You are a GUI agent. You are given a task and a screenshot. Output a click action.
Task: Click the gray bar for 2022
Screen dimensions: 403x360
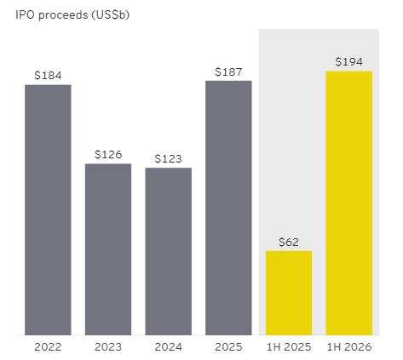click(x=48, y=210)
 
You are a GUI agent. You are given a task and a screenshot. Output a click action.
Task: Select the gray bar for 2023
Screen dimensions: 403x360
click(x=108, y=249)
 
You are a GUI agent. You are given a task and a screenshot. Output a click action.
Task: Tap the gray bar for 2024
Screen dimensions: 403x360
click(x=169, y=251)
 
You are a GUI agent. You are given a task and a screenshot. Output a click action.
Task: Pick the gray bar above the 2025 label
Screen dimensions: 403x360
click(x=228, y=208)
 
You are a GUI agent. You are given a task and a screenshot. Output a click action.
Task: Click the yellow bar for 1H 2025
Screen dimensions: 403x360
click(x=289, y=293)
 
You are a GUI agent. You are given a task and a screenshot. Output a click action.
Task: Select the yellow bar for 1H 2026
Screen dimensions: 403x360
click(x=349, y=203)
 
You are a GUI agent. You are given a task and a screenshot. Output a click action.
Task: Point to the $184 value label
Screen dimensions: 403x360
click(x=48, y=76)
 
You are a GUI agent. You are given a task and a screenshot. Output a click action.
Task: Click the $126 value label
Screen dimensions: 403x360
click(x=108, y=155)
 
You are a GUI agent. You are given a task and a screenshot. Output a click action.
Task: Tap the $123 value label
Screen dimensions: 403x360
click(x=169, y=158)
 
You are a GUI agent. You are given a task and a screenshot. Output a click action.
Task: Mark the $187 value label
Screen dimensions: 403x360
click(x=228, y=72)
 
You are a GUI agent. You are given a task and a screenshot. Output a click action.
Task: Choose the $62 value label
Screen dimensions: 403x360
click(x=289, y=242)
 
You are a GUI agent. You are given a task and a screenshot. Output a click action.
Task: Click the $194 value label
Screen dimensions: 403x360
click(x=349, y=62)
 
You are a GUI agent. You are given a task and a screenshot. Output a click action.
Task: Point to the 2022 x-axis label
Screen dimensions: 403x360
click(x=48, y=347)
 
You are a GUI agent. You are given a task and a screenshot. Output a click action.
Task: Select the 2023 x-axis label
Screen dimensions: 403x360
click(x=108, y=347)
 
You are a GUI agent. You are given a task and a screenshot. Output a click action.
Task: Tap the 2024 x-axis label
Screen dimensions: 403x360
click(x=169, y=347)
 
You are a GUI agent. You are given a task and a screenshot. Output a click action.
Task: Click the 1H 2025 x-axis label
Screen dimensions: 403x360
click(x=289, y=347)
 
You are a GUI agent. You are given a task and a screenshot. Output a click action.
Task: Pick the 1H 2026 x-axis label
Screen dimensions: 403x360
click(x=349, y=347)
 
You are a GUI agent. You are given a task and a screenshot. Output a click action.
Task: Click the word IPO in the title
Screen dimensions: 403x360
click(x=26, y=14)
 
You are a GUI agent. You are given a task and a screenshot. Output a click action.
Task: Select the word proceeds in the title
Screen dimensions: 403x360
click(x=63, y=15)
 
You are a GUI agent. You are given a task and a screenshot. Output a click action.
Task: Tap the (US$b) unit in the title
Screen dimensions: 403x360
click(x=111, y=15)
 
